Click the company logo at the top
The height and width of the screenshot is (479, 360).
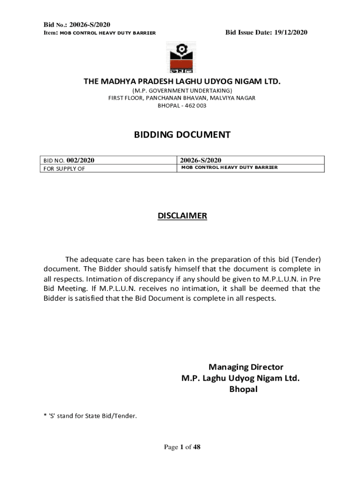pyautogui.click(x=181, y=58)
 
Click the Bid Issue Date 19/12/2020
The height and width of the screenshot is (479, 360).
pyautogui.click(x=266, y=32)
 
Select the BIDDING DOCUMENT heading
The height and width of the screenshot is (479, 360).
pyautogui.click(x=182, y=135)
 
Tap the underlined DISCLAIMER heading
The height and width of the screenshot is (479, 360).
pyautogui.click(x=182, y=216)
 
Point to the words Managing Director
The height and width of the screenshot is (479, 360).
pyautogui.click(x=246, y=367)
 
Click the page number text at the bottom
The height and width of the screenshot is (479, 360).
pyautogui.click(x=182, y=447)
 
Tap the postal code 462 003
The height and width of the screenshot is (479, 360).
pyautogui.click(x=197, y=106)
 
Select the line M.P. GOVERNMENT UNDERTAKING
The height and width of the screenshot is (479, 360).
pyautogui.click(x=182, y=90)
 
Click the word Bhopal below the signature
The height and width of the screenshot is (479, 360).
pyautogui.click(x=243, y=389)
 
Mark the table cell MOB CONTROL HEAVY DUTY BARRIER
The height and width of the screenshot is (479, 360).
pyautogui.click(x=230, y=167)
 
